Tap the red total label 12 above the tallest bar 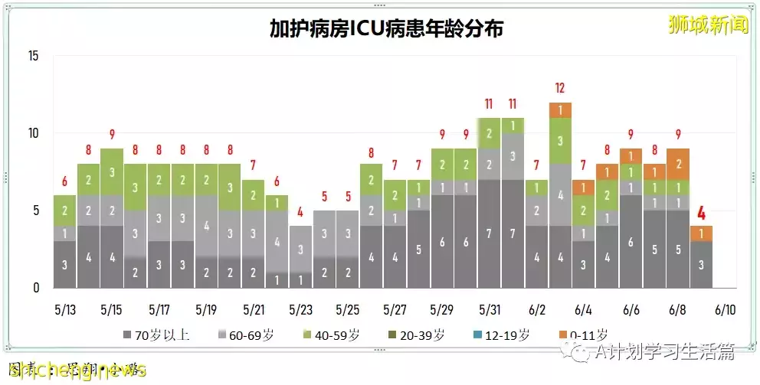[560, 87]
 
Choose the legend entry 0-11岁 [584, 334]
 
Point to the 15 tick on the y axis [33, 56]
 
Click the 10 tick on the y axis [33, 133]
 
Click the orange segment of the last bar [702, 233]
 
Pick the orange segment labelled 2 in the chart [678, 164]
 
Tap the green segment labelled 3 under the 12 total [560, 140]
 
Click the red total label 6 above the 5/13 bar [64, 181]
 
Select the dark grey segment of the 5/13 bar [64, 265]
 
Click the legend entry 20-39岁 [422, 334]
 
